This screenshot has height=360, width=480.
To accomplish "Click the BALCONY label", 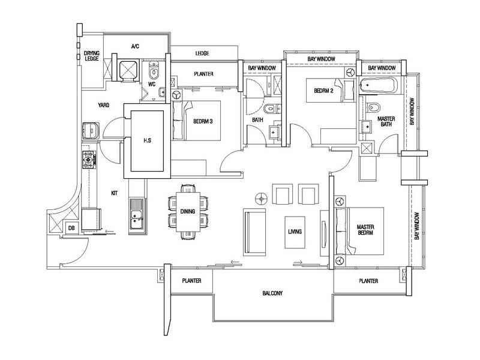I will pyautogui.click(x=272, y=294).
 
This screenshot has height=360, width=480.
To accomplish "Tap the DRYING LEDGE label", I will pyautogui.click(x=92, y=56).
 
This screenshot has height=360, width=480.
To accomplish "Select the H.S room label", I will pyautogui.click(x=146, y=142).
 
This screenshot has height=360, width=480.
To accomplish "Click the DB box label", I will pyautogui.click(x=71, y=228).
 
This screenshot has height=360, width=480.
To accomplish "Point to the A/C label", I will pyautogui.click(x=135, y=46).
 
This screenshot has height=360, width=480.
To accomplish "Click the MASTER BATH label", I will pyautogui.click(x=386, y=123).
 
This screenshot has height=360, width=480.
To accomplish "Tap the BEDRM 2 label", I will pyautogui.click(x=325, y=91).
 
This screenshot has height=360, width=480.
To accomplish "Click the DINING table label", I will pyautogui.click(x=187, y=211).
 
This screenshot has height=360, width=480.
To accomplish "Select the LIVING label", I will pyautogui.click(x=294, y=232).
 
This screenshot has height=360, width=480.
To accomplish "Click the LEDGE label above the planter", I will pyautogui.click(x=202, y=54).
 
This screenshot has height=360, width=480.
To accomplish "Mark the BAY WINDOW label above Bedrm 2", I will pyautogui.click(x=321, y=59).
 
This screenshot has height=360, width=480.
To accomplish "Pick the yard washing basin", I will pyautogui.click(x=90, y=130).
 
